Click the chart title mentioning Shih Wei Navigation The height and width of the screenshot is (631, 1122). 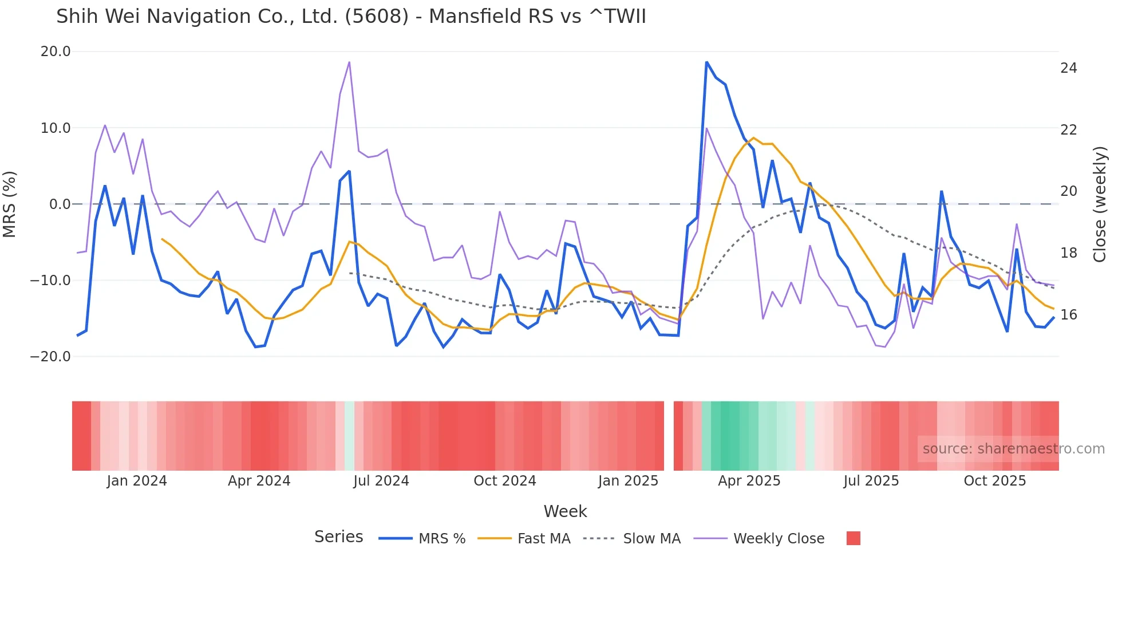pyautogui.click(x=351, y=17)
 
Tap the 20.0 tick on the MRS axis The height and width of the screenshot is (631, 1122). pyautogui.click(x=56, y=52)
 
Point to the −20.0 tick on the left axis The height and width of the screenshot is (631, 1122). pyautogui.click(x=50, y=356)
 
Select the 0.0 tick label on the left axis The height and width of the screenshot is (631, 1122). pyautogui.click(x=60, y=204)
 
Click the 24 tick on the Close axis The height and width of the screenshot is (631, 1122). pyautogui.click(x=1068, y=68)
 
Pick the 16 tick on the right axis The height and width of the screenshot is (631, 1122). pyautogui.click(x=1068, y=314)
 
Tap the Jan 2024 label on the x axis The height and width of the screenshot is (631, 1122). pyautogui.click(x=137, y=481)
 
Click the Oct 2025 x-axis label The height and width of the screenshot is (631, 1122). pyautogui.click(x=994, y=481)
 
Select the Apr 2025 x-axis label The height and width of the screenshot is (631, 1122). pyautogui.click(x=749, y=481)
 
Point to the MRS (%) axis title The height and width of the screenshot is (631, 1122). pyautogui.click(x=10, y=204)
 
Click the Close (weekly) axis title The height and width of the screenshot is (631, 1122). pyautogui.click(x=1099, y=204)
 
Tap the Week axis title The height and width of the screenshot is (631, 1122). pyautogui.click(x=565, y=511)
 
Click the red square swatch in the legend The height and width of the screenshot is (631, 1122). pyautogui.click(x=853, y=538)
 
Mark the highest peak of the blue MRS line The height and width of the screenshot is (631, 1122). pyautogui.click(x=706, y=62)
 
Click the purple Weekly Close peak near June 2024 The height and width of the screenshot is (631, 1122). pyautogui.click(x=349, y=62)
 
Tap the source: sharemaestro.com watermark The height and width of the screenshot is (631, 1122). pyautogui.click(x=1013, y=449)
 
